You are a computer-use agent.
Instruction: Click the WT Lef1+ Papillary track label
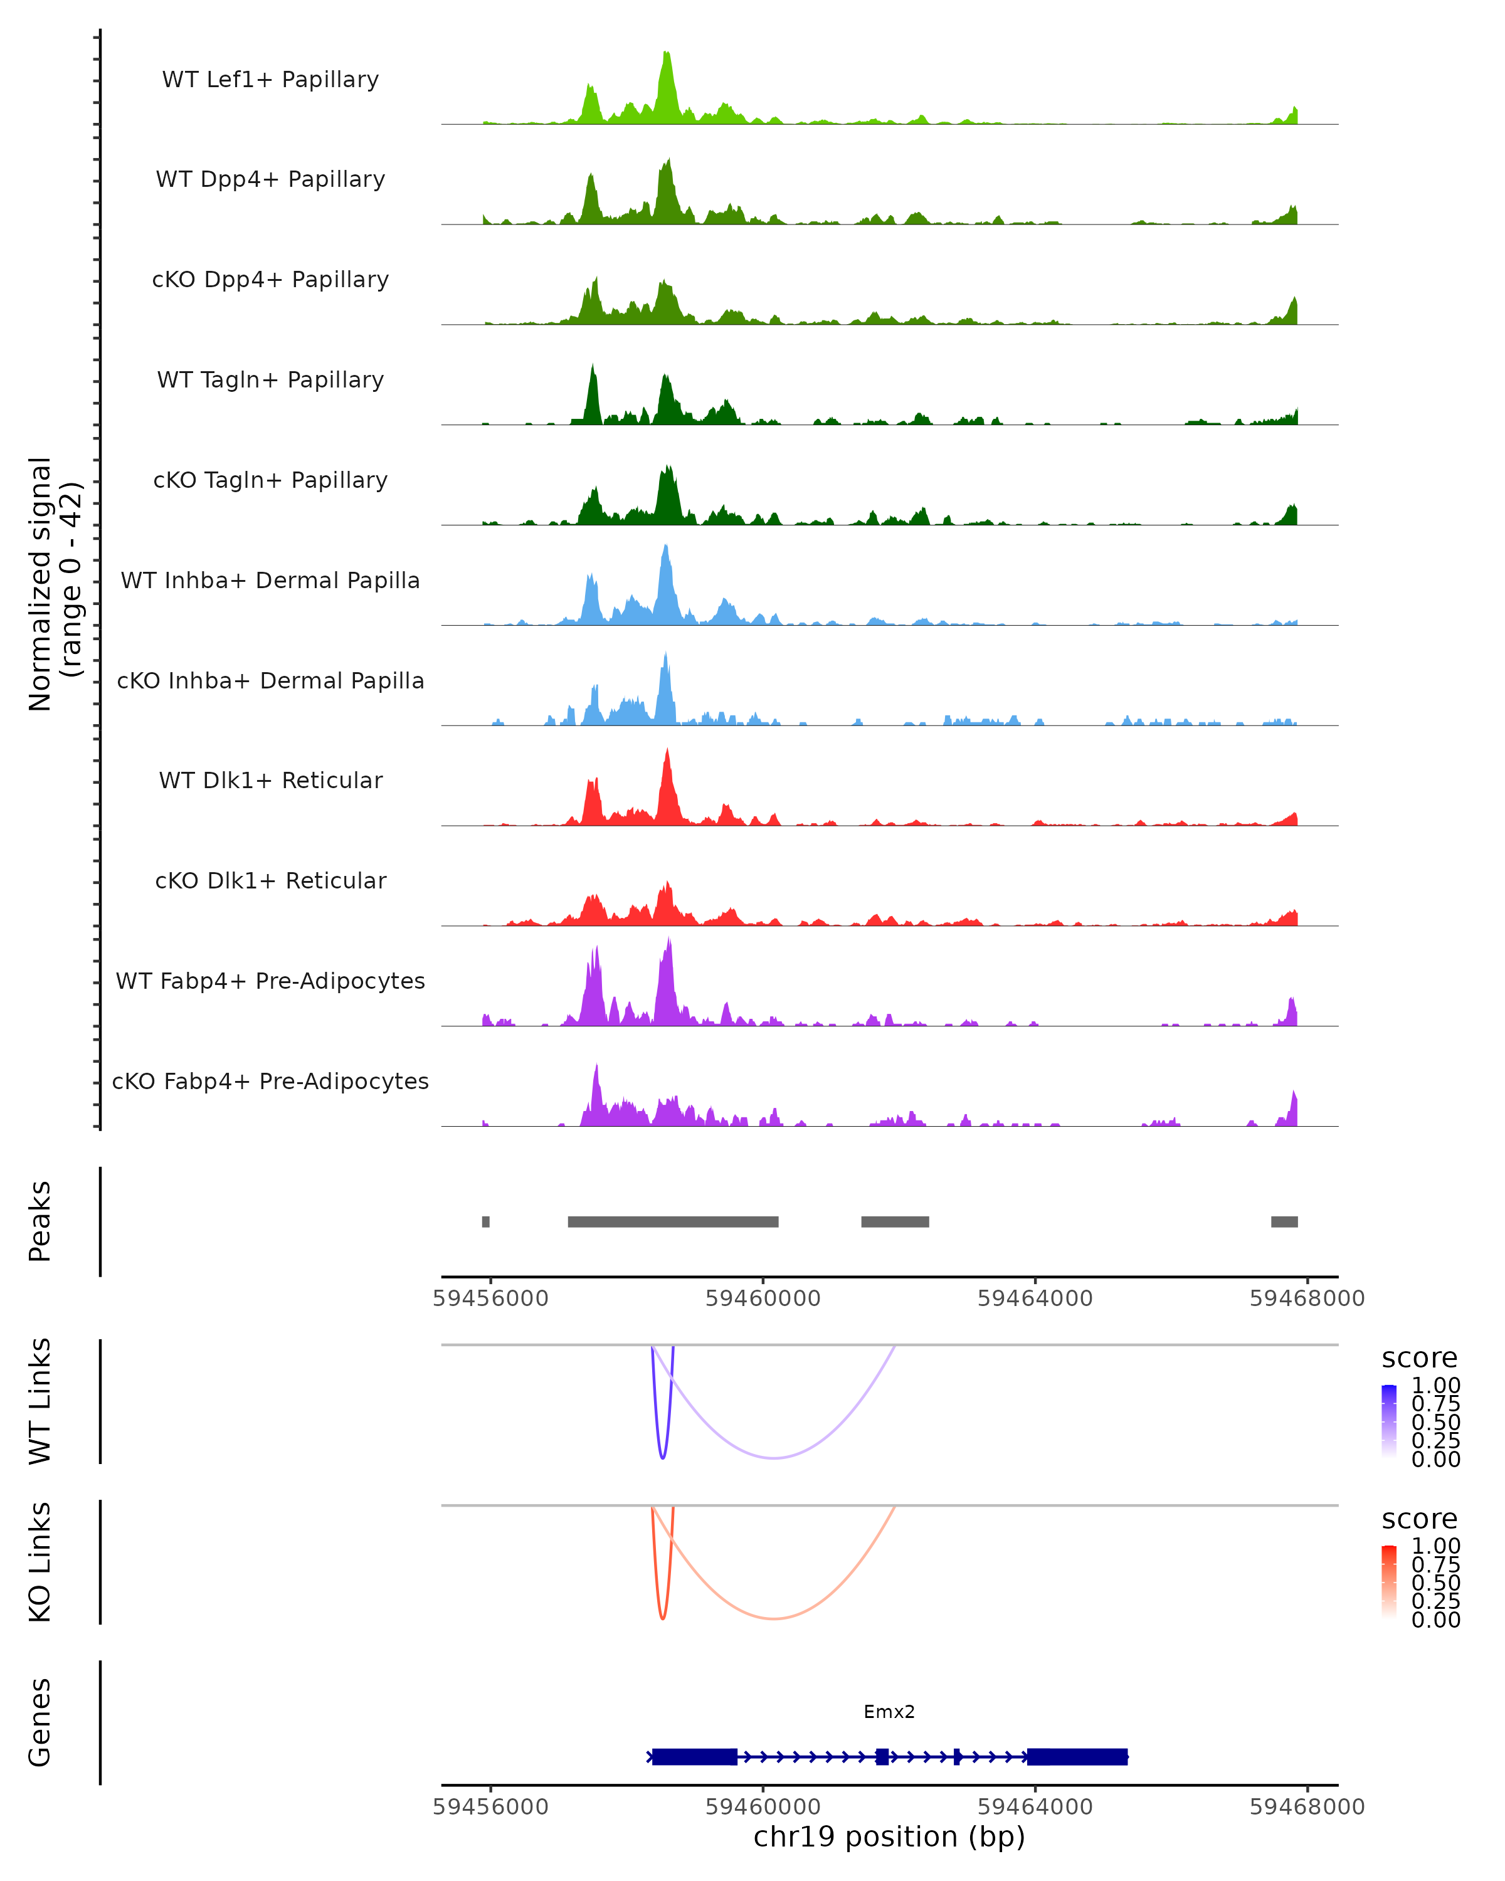tap(270, 80)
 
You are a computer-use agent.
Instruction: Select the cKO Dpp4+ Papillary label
tap(270, 279)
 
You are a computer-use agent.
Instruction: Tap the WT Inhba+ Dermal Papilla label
tap(270, 580)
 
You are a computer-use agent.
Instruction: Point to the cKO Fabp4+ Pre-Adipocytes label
tap(270, 1081)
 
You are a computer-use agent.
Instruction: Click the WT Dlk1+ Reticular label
tap(270, 780)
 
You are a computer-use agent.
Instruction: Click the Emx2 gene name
tap(889, 1712)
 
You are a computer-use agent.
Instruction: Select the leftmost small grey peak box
tap(486, 1221)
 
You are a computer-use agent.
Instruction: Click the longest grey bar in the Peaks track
tap(673, 1221)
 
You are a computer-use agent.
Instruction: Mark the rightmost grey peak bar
tap(1284, 1221)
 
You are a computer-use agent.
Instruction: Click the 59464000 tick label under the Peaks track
tap(1035, 1299)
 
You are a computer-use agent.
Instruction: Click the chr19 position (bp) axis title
tap(889, 1837)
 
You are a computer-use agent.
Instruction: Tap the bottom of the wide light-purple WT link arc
tap(774, 1458)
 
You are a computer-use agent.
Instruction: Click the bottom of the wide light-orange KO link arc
tap(774, 1618)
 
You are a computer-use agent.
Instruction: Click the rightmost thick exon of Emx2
tap(1077, 1756)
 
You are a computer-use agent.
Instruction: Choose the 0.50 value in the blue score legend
tap(1435, 1422)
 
